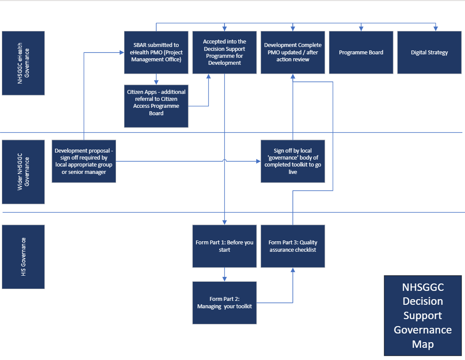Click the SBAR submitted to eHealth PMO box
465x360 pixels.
156,52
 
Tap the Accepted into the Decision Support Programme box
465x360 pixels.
224,52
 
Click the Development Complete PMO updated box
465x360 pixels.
293,52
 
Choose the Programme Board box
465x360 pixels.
361,52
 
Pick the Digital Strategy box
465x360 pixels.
429,52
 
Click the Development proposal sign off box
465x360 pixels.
84,161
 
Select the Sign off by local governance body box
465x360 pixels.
293,161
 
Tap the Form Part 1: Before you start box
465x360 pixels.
224,246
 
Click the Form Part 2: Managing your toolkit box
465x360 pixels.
224,303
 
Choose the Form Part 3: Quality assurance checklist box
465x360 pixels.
293,246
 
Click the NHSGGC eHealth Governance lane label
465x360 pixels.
23,63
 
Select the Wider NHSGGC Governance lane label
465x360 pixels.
23,172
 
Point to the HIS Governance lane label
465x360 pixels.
23,257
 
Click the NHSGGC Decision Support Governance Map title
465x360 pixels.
422,315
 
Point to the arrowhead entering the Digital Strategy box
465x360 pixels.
435,29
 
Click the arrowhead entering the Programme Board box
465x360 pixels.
361,29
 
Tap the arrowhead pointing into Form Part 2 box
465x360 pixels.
224,279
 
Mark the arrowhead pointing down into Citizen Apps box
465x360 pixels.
156,82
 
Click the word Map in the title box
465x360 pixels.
422,344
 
